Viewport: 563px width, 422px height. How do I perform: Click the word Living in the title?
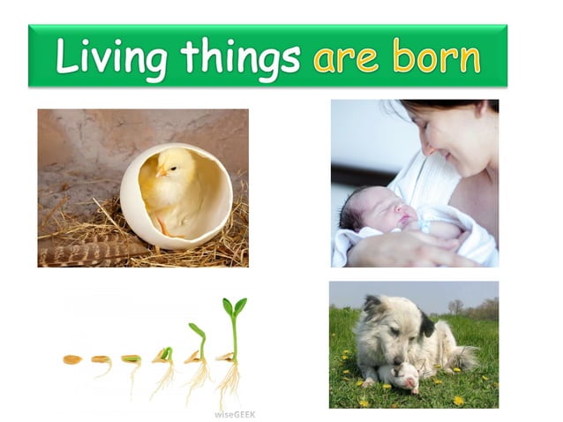pyautogui.click(x=111, y=56)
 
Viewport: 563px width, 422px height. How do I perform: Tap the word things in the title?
pyautogui.click(x=240, y=56)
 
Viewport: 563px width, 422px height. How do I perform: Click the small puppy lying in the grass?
pyautogui.click(x=396, y=374)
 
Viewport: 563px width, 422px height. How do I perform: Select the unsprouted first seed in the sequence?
pyautogui.click(x=72, y=359)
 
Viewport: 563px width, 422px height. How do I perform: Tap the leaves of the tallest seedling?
pyautogui.click(x=234, y=306)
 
